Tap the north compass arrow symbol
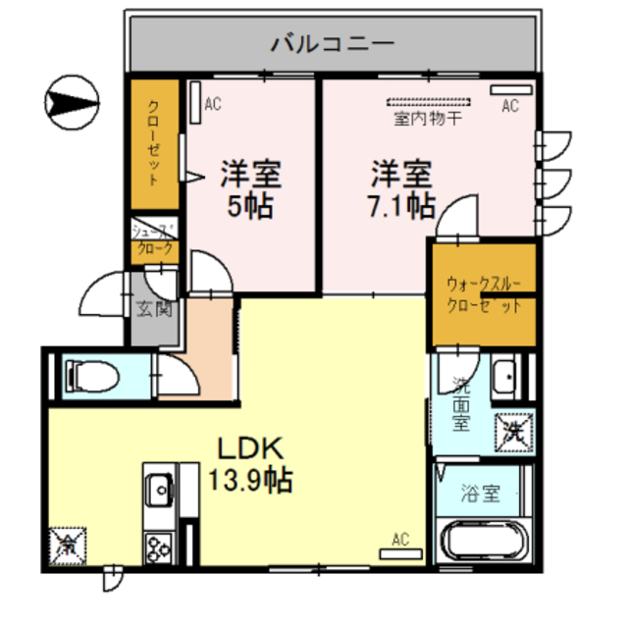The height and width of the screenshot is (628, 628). pyautogui.click(x=73, y=99)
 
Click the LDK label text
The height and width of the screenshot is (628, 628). pyautogui.click(x=250, y=449)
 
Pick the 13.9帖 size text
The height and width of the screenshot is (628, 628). pyautogui.click(x=250, y=481)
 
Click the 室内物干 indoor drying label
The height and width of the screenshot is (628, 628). pyautogui.click(x=428, y=120)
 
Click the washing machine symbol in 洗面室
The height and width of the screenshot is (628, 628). pyautogui.click(x=514, y=429)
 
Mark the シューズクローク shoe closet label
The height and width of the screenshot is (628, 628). pyautogui.click(x=155, y=240)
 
